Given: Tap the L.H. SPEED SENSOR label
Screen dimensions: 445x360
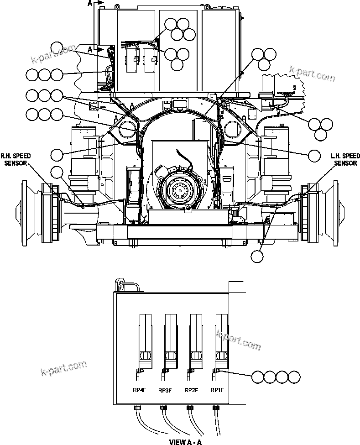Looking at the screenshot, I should click(345, 159).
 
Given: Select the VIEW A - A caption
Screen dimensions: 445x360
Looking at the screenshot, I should click(185, 441).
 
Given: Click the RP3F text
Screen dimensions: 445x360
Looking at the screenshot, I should click(165, 390).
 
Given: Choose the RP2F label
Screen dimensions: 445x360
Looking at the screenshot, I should click(191, 390).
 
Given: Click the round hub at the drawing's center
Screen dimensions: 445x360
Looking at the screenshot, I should click(179, 188).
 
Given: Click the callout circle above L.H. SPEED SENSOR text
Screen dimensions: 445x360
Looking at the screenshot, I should click(314, 156).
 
